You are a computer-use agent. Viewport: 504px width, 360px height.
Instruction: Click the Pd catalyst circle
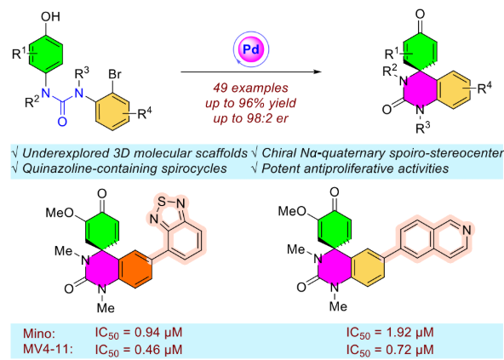click(x=251, y=49)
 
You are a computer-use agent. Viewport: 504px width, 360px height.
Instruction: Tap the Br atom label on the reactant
click(x=115, y=74)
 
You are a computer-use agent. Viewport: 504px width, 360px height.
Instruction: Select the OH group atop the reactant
click(x=50, y=16)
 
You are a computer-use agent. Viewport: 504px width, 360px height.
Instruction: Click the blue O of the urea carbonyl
click(x=62, y=122)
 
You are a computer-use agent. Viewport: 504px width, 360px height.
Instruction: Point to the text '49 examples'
click(x=250, y=88)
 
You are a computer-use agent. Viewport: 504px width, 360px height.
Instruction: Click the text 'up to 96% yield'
click(x=250, y=103)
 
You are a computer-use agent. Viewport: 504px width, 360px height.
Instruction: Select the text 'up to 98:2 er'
click(x=250, y=118)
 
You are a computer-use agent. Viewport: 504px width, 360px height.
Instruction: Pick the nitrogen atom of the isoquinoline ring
click(x=467, y=230)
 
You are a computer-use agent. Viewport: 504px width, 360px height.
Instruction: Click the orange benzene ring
click(x=135, y=268)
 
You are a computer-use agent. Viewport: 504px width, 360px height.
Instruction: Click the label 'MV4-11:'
click(x=48, y=349)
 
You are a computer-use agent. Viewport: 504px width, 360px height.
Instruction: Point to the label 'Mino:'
click(x=39, y=334)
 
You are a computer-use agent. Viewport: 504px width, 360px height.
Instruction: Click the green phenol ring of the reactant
click(x=45, y=54)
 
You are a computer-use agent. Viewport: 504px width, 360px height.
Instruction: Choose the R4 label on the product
click(x=484, y=88)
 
